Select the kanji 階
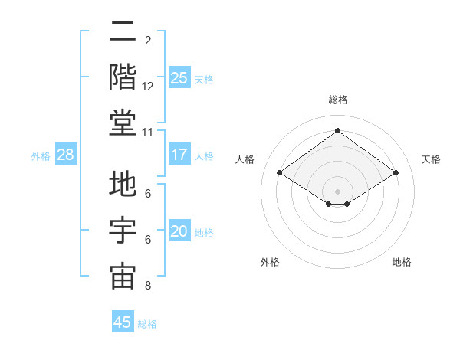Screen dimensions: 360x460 pos(123,77)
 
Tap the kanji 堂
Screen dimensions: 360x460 pos(123,123)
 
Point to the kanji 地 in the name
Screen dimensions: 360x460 pos(123,185)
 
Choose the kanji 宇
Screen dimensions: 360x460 pos(123,231)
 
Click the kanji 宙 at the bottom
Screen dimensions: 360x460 pos(123,277)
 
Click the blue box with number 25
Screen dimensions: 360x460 pos(179,77)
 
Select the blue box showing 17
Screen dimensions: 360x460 pos(179,155)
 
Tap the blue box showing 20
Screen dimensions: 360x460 pos(179,231)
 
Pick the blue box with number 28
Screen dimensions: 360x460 pos(66,155)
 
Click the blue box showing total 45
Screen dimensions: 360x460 pos(123,322)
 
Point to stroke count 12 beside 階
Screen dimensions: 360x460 pos(148,87)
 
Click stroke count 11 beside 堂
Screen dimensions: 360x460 pos(148,133)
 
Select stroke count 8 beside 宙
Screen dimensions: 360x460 pos(148,286)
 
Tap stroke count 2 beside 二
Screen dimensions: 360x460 pos(148,41)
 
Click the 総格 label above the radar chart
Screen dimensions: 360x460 pos(338,100)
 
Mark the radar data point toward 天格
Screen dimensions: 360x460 pos(396,173)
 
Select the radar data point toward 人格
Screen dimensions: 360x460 pos(280,173)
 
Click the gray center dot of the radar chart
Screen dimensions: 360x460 pos(337,190)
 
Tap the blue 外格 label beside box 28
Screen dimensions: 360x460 pos(41,155)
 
